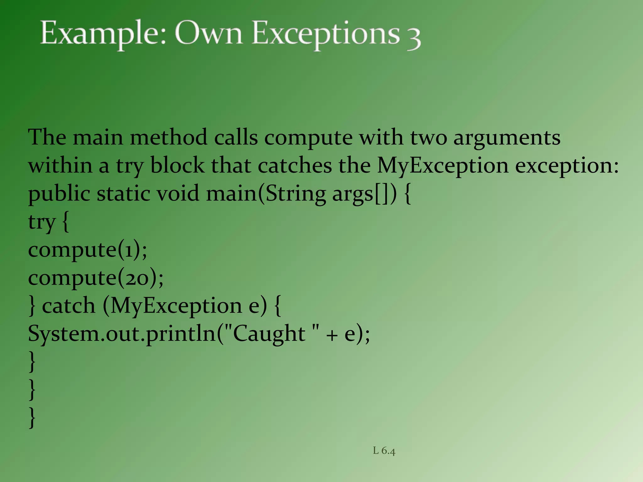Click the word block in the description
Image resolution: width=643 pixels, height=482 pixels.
(177, 165)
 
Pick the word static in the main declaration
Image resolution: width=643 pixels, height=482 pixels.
(123, 193)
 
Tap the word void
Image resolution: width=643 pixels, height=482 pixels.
(178, 193)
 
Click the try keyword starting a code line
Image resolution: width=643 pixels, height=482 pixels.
(41, 222)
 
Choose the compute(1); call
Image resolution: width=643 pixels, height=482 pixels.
(87, 250)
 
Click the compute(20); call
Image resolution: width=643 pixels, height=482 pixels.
(96, 278)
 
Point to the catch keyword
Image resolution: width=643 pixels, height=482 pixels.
(68, 306)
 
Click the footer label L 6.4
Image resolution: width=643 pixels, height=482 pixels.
(384, 451)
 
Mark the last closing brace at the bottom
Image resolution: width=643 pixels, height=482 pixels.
(32, 417)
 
